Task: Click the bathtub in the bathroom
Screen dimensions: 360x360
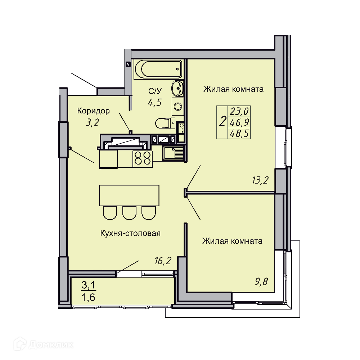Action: (x=158, y=69)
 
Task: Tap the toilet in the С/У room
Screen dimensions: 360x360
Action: (x=165, y=123)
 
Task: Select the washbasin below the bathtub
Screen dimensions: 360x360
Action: (x=177, y=88)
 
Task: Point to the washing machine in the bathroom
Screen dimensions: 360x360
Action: (x=178, y=106)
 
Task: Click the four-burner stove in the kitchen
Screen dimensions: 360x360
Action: (x=143, y=159)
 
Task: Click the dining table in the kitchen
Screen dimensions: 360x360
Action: (x=129, y=195)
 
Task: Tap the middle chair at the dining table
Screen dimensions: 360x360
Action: (x=129, y=213)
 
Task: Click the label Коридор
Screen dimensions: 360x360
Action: (x=94, y=111)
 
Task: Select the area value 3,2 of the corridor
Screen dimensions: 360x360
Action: (x=92, y=123)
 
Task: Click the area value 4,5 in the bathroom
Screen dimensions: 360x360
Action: (x=155, y=102)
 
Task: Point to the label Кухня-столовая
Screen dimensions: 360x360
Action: (x=130, y=233)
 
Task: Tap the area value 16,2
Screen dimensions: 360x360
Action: (x=163, y=261)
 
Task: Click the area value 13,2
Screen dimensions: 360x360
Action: (x=260, y=180)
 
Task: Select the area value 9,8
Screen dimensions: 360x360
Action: (x=261, y=282)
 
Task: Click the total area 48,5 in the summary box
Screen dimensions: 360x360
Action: (x=239, y=134)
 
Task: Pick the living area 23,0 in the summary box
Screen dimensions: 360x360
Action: (x=239, y=111)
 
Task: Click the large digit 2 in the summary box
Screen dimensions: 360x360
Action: (x=222, y=121)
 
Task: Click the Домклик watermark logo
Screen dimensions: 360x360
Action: (x=44, y=345)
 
